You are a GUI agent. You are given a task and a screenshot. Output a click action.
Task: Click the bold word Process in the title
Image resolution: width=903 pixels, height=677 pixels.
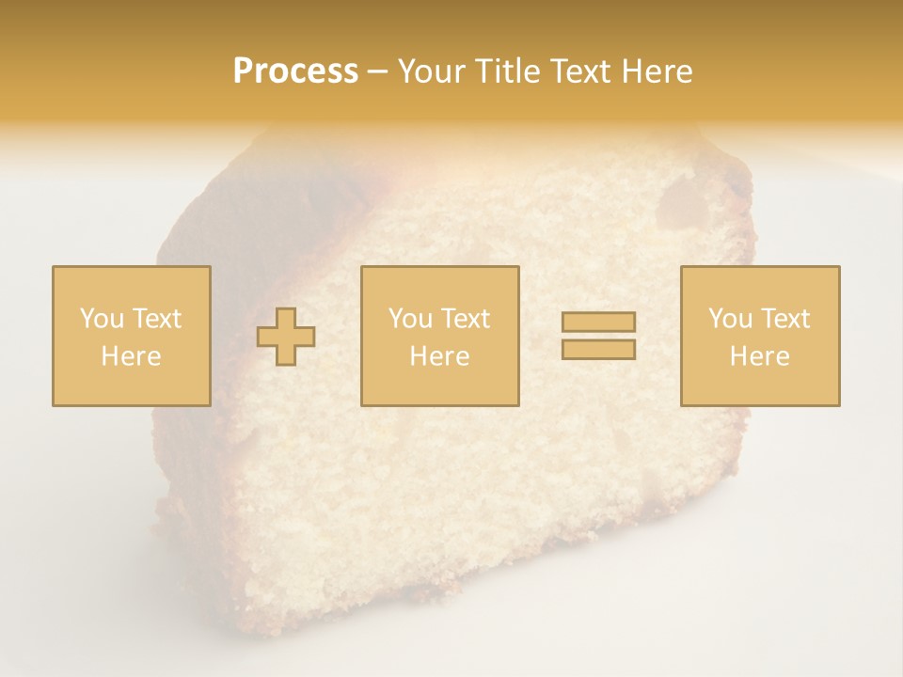(x=295, y=71)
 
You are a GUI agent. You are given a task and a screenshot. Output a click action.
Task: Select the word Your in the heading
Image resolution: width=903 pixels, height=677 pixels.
(x=434, y=71)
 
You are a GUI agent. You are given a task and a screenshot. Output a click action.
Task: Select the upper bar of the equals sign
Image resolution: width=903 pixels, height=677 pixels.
(x=598, y=322)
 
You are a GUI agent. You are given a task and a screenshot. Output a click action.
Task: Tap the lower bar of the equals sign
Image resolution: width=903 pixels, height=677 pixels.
(x=598, y=349)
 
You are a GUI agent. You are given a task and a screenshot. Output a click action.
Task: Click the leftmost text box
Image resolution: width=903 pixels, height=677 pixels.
(x=131, y=336)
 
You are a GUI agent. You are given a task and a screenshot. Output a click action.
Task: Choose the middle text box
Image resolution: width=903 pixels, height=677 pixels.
(x=439, y=336)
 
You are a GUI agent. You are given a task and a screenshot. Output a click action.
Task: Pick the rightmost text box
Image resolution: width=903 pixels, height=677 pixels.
(x=759, y=336)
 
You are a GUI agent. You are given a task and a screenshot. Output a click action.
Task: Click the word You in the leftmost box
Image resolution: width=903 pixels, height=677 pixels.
(x=101, y=319)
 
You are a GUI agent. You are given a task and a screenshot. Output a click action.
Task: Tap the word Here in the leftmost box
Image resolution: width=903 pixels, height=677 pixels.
(x=131, y=356)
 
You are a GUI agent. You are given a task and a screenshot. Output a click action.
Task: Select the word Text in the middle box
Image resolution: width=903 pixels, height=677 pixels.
(x=466, y=319)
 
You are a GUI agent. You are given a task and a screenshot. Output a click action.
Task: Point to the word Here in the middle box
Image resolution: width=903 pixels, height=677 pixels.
(x=439, y=356)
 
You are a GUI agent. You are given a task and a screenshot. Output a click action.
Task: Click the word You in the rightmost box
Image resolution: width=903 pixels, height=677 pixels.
(x=730, y=319)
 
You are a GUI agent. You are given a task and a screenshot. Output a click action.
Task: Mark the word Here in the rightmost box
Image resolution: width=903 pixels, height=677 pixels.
(x=759, y=356)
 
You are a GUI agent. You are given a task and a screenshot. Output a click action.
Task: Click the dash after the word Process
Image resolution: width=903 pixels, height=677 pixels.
(x=378, y=72)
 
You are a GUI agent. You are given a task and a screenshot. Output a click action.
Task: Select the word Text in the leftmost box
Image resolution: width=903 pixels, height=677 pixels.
(x=156, y=319)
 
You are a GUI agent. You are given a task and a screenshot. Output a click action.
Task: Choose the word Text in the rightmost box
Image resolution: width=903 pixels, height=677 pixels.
(x=785, y=319)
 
